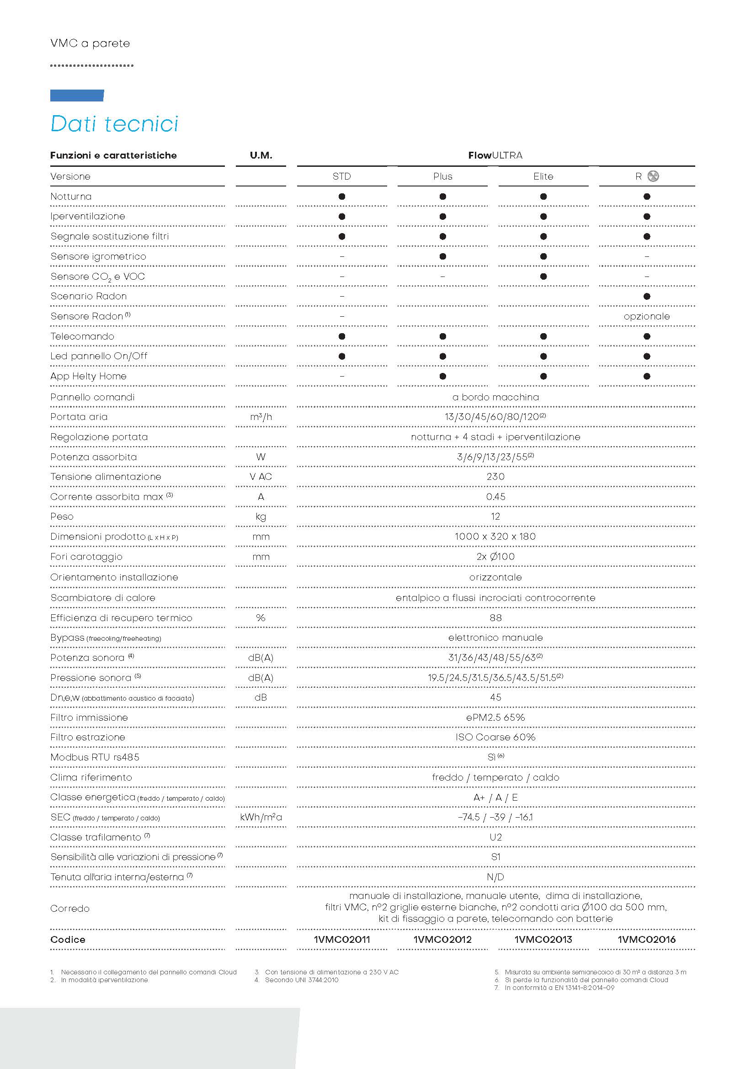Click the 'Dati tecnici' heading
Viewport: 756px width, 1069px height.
pyautogui.click(x=114, y=124)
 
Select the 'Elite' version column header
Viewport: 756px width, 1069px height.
pyautogui.click(x=543, y=176)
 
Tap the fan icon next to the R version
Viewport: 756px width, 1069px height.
pyautogui.click(x=653, y=176)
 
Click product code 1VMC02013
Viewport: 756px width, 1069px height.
pyautogui.click(x=543, y=940)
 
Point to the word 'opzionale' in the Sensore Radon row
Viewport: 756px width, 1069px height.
pyautogui.click(x=647, y=317)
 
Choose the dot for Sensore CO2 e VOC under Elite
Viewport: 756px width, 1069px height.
pyautogui.click(x=543, y=277)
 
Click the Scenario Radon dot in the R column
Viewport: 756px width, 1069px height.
pyautogui.click(x=647, y=297)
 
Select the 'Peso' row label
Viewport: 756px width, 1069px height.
pyautogui.click(x=62, y=517)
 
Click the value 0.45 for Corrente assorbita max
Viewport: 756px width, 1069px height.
pyautogui.click(x=495, y=497)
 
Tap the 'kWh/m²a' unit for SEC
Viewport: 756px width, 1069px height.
pyautogui.click(x=261, y=817)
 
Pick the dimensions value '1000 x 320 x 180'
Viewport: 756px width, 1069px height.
pyautogui.click(x=495, y=537)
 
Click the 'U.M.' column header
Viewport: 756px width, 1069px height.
pyautogui.click(x=261, y=155)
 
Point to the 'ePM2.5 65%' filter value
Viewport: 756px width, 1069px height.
pyautogui.click(x=495, y=718)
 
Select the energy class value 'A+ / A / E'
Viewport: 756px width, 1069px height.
pyautogui.click(x=495, y=798)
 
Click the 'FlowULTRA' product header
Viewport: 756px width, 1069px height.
pyautogui.click(x=495, y=155)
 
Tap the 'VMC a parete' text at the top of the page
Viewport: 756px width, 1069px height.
pyautogui.click(x=91, y=44)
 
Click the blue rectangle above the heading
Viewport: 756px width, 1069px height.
pyautogui.click(x=77, y=96)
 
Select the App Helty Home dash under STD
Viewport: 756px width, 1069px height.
pyautogui.click(x=342, y=376)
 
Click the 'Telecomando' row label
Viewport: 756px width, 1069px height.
pyautogui.click(x=82, y=337)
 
